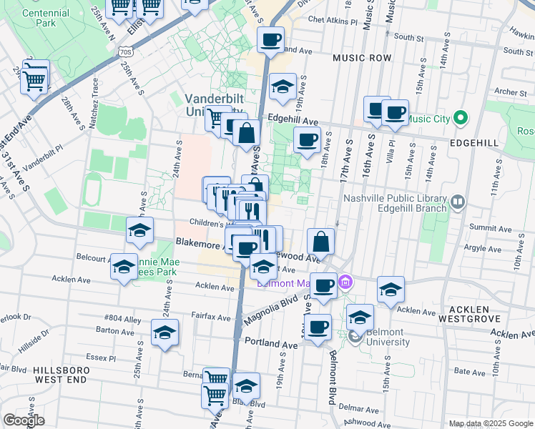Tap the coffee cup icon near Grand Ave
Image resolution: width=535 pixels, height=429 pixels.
(x=270, y=40)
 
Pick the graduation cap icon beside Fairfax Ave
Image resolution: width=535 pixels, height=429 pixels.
(x=165, y=333)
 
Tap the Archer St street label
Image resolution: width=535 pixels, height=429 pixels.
(x=510, y=92)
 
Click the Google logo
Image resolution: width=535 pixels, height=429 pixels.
(x=24, y=420)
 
